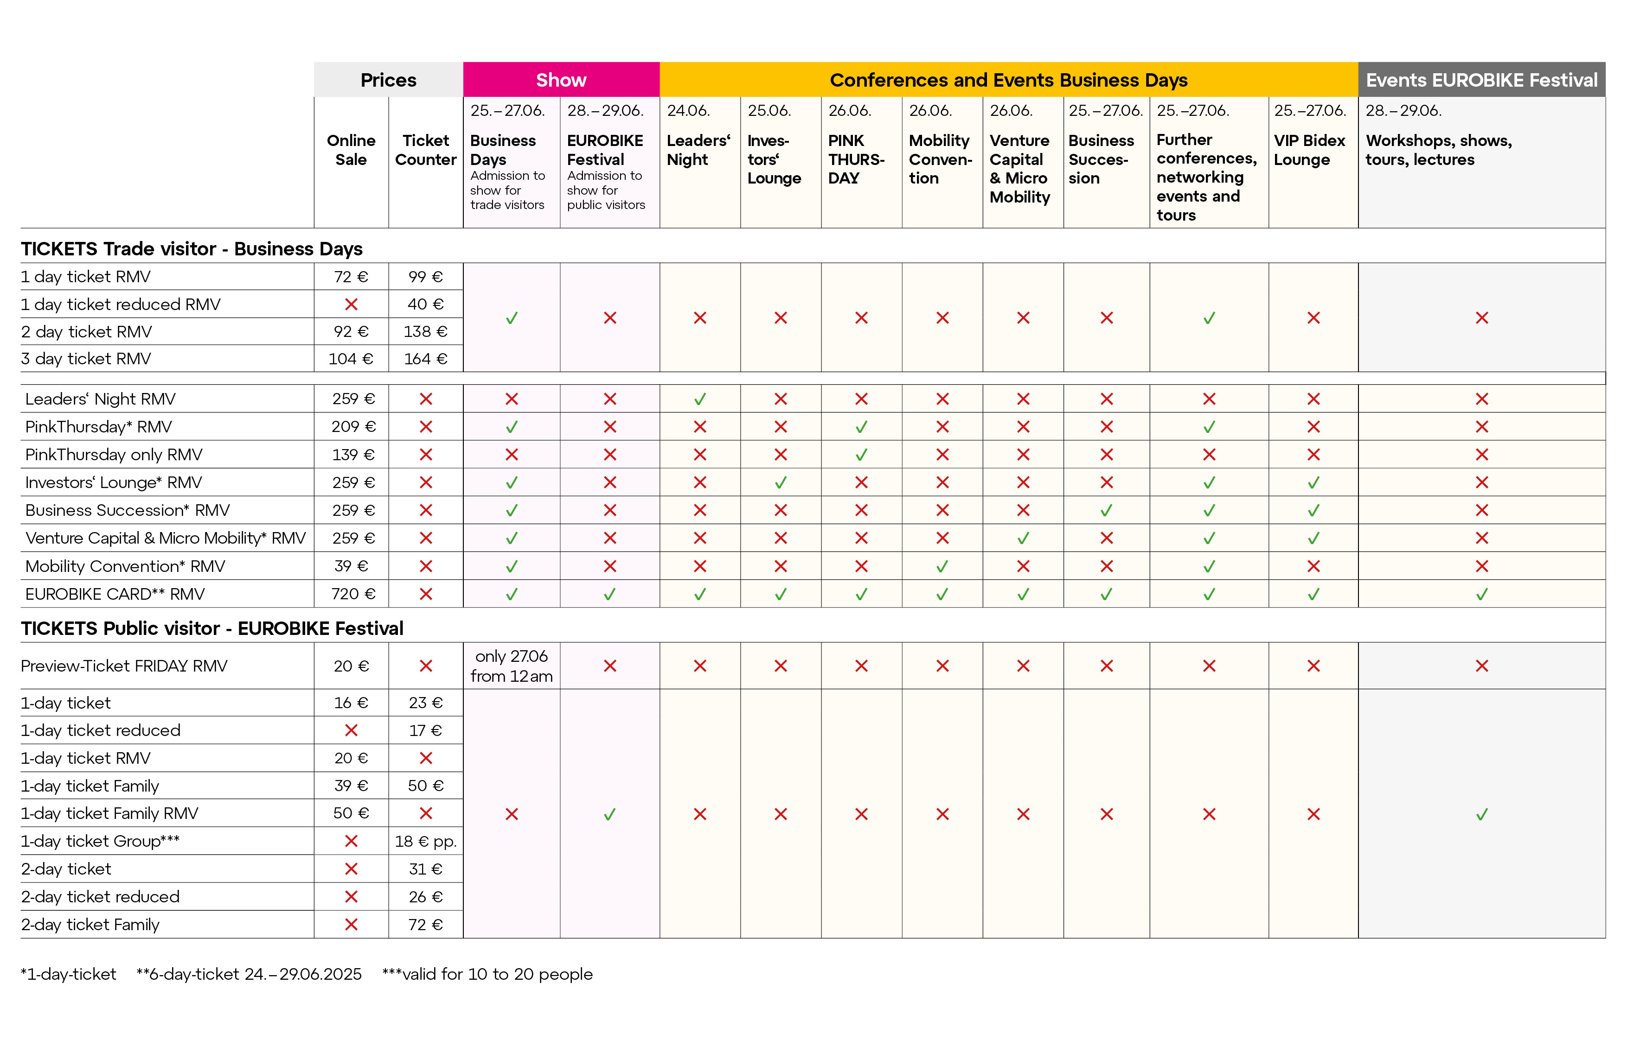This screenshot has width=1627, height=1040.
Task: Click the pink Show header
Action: (561, 80)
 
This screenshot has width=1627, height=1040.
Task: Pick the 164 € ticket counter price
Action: (426, 359)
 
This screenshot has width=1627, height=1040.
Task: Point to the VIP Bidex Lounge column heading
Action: (1309, 150)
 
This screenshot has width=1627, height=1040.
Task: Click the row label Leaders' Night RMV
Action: (100, 399)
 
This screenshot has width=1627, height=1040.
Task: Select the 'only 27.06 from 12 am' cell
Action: (512, 666)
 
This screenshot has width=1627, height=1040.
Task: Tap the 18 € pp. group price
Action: (426, 841)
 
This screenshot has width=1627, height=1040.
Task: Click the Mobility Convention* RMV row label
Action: (125, 566)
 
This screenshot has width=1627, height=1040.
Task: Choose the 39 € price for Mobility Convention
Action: (352, 566)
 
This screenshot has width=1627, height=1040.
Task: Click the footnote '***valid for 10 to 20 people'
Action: (487, 974)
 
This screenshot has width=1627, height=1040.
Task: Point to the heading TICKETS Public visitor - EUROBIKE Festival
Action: (212, 628)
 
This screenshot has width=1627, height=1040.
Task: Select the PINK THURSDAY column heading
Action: (856, 159)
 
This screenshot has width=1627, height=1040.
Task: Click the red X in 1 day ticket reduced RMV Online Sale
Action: (352, 304)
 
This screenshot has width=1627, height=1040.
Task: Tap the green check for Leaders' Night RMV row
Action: (700, 399)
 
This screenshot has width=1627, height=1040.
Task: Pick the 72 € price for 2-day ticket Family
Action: (426, 925)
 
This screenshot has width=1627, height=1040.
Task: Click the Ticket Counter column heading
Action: (426, 150)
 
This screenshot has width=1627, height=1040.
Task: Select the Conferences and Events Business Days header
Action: (1008, 80)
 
